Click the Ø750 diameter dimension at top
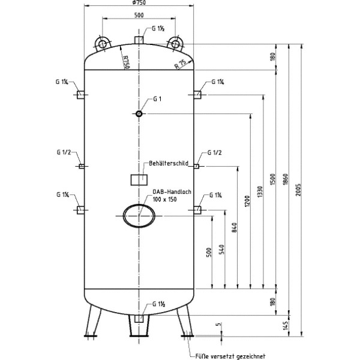click(x=139, y=4)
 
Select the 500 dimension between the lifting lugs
click(x=139, y=15)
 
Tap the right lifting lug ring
click(x=175, y=43)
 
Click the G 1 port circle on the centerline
click(x=139, y=113)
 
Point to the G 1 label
click(x=157, y=99)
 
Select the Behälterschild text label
click(x=169, y=163)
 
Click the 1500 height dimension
click(x=273, y=180)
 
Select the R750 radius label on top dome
click(x=125, y=62)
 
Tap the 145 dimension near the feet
click(x=286, y=326)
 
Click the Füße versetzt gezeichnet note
click(x=230, y=355)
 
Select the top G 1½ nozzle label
click(x=159, y=28)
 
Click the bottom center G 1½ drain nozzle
click(x=139, y=319)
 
